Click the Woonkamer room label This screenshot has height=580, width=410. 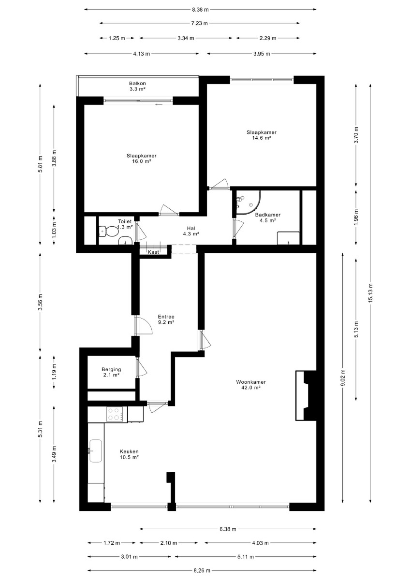pos(250,382)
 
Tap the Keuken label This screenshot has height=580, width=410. pos(129,451)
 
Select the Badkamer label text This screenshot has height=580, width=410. pos(267,215)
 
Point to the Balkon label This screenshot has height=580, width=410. pos(137,83)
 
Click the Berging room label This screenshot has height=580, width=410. pos(111,369)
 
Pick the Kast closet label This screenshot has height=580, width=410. pos(153,252)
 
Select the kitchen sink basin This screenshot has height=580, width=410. pos(96,451)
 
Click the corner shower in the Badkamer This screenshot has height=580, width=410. pos(248,203)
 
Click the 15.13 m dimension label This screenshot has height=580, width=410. pos(370,292)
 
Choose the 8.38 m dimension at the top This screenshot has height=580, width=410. pos(200,10)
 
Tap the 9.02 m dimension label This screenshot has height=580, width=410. pos(343,377)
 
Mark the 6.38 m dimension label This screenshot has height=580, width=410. pos(228,529)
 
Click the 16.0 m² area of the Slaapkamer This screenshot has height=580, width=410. pos(141,161)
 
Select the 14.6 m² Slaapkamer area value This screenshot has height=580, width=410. pos(262,138)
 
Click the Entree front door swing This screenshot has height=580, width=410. pos(143,325)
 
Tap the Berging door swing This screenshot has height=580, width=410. pos(141,367)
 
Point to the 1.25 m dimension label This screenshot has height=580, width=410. pos(117,38)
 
